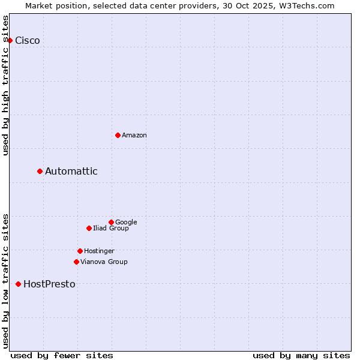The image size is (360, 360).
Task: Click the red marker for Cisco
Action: point(10,40)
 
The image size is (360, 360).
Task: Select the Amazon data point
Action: point(118,135)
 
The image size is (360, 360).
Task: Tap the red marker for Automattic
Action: point(40,171)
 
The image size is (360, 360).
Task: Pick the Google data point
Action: point(111,222)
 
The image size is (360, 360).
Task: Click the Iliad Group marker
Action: point(89,228)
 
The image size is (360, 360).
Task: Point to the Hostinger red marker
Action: point(80,251)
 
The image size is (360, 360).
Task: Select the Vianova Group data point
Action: point(76,262)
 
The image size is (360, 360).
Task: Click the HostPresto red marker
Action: point(19,284)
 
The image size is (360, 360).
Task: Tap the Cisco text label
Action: point(28,41)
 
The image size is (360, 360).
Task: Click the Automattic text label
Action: point(71,172)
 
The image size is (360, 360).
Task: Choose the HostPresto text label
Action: point(49,284)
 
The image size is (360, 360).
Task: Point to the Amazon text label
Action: point(134,136)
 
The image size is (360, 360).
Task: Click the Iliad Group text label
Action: point(111,229)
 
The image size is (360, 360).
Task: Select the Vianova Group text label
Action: point(104,262)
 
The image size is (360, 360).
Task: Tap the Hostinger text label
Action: point(99,251)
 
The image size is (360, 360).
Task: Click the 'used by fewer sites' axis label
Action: point(62,355)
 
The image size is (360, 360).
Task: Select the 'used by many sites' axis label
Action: point(301,355)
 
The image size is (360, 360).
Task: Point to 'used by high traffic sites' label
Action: point(6,85)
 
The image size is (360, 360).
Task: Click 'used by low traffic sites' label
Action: point(6,280)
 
